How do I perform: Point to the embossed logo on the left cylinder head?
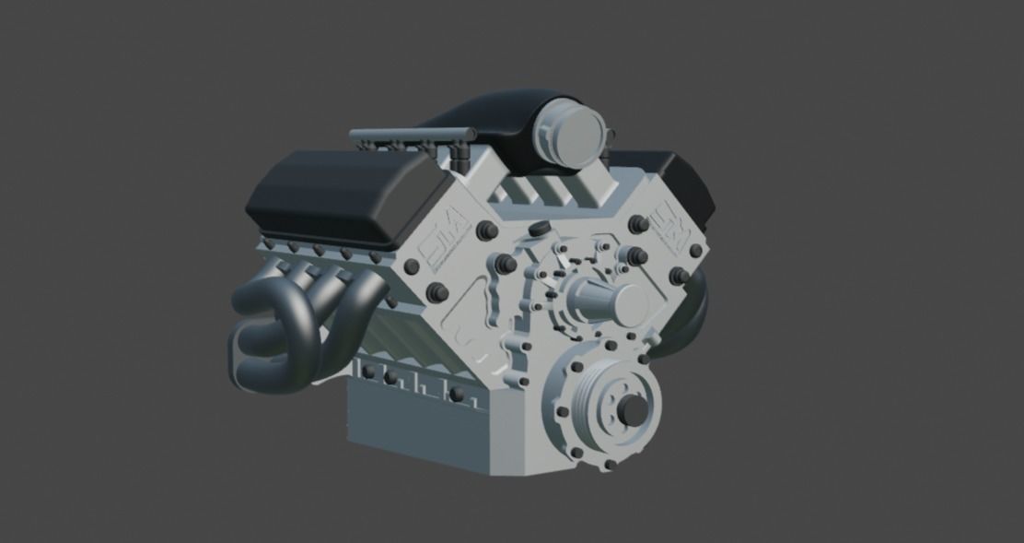446,245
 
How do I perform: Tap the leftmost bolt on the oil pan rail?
369,371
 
